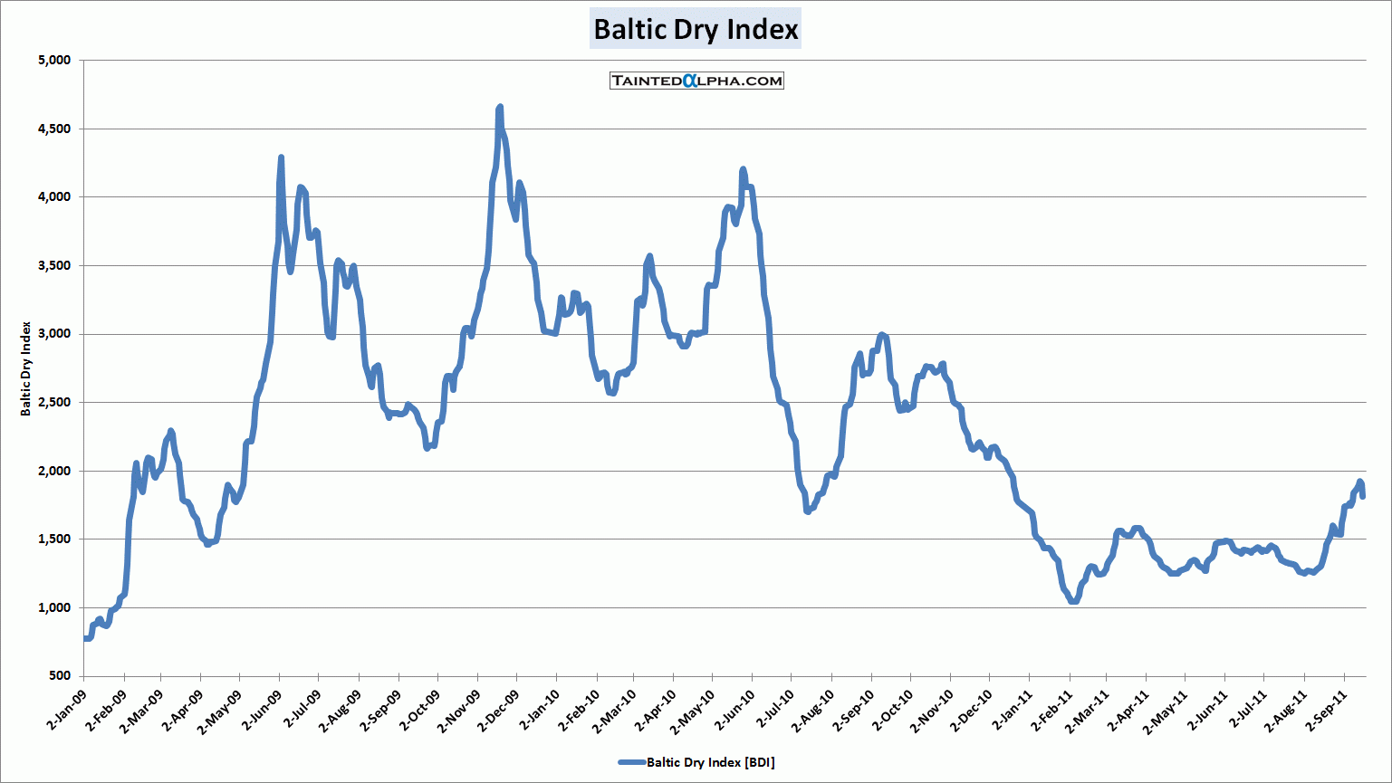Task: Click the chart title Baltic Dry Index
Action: click(x=696, y=29)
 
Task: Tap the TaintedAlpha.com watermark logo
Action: click(x=696, y=81)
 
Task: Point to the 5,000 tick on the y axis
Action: click(x=53, y=61)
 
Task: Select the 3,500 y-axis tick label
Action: click(x=53, y=266)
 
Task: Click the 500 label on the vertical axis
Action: click(x=59, y=676)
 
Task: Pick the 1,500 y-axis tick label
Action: click(x=53, y=540)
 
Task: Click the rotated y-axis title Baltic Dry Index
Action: click(x=26, y=368)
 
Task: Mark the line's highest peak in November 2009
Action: click(x=500, y=108)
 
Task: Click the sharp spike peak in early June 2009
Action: click(x=281, y=158)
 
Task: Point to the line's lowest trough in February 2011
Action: click(x=1074, y=601)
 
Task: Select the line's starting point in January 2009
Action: click(x=84, y=638)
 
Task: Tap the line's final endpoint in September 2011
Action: click(x=1363, y=495)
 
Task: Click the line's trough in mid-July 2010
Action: click(x=807, y=511)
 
